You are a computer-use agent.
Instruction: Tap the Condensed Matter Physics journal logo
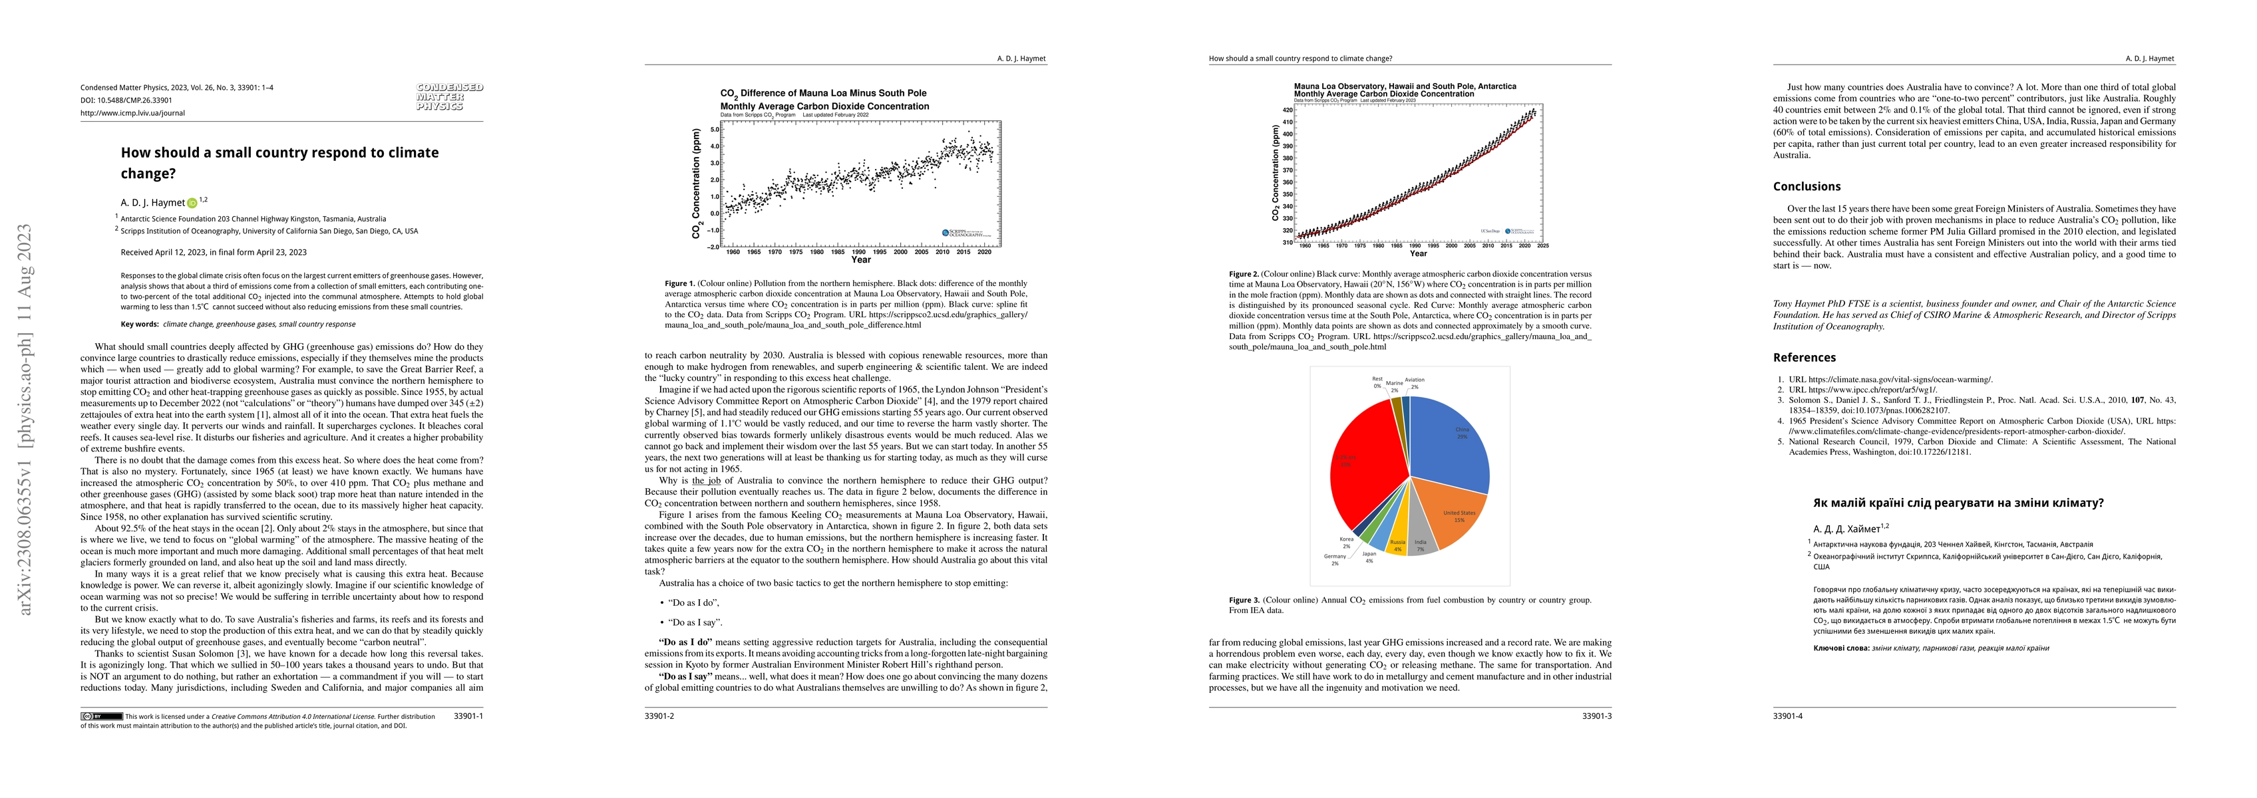(450, 96)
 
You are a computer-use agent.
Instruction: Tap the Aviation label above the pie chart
(1414, 383)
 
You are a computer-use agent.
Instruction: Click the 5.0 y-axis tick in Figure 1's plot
(714, 130)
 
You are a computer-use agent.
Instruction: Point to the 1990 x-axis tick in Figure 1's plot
(858, 252)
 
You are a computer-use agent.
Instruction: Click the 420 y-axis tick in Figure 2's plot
(1287, 110)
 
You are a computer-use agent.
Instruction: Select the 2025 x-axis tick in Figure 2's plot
(1542, 246)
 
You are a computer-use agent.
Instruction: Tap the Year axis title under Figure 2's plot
(1418, 254)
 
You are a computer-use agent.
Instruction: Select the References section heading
(1804, 357)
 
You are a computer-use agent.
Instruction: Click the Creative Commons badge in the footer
(102, 716)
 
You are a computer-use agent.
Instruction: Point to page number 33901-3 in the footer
(1596, 716)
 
